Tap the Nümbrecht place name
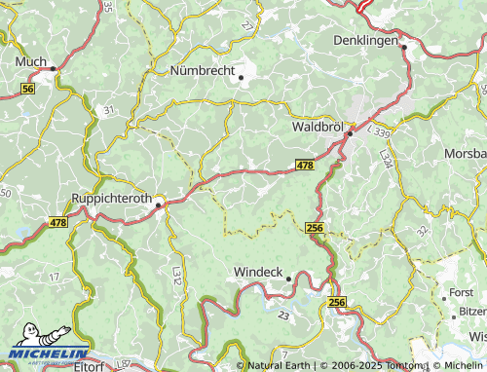click(204, 70)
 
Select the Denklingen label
click(366, 41)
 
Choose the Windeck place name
click(258, 272)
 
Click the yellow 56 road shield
click(27, 89)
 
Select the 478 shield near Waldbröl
click(305, 167)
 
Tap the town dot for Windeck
click(288, 279)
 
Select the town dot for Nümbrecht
click(241, 78)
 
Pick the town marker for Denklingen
click(403, 46)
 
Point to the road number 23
click(282, 316)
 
